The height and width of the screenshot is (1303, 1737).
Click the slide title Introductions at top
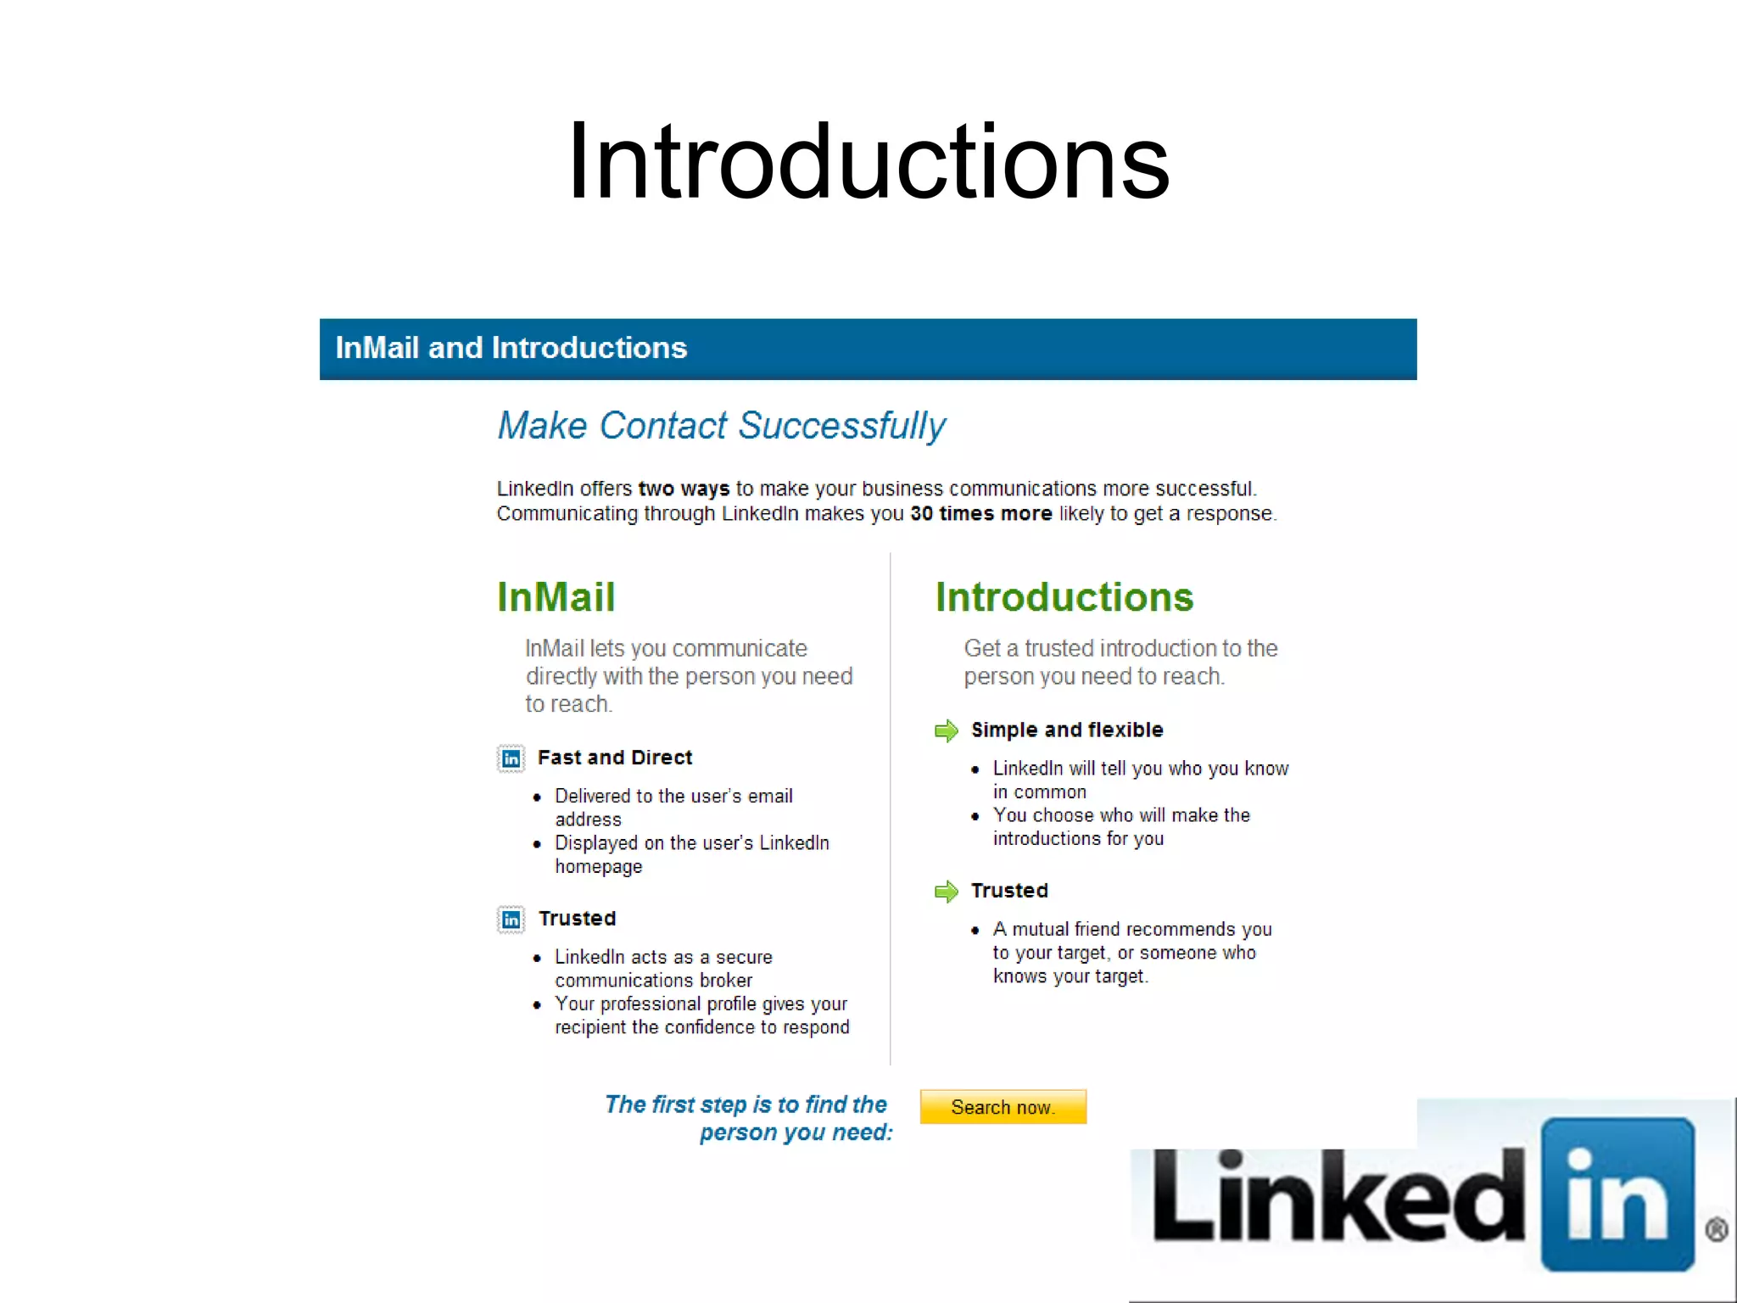coord(868,161)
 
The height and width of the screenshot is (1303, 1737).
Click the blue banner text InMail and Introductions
coord(511,348)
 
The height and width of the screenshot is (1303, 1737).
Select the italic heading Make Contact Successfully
coord(721,426)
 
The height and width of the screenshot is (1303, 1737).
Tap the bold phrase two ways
coord(683,489)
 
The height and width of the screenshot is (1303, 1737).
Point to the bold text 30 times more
coord(980,514)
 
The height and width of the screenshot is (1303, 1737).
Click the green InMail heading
coord(556,597)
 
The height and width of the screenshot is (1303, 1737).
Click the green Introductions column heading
coord(1064,597)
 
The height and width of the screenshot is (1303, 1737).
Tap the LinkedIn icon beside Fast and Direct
coord(511,758)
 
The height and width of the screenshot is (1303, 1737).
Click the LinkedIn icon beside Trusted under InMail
coord(511,920)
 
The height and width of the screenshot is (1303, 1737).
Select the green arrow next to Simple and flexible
coord(946,730)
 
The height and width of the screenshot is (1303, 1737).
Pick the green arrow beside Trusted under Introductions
coord(946,892)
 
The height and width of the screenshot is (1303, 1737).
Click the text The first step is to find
coord(746,1104)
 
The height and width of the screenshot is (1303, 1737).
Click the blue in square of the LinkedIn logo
coord(1617,1194)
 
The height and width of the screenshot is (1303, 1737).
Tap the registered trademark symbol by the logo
coord(1716,1229)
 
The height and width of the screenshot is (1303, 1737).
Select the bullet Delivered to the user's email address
coord(673,807)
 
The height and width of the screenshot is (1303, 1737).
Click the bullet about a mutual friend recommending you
coord(1131,953)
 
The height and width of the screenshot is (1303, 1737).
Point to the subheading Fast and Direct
coord(615,758)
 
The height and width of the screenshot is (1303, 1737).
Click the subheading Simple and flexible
coord(1066,730)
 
